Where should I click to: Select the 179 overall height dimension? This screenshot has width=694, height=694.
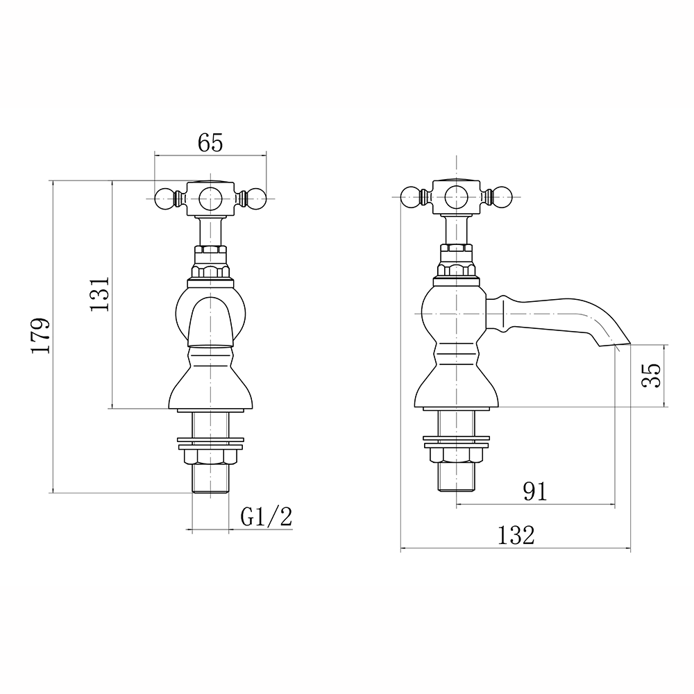point(40,336)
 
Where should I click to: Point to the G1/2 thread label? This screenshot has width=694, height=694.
point(266,516)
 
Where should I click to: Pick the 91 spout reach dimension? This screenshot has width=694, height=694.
point(534,492)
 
